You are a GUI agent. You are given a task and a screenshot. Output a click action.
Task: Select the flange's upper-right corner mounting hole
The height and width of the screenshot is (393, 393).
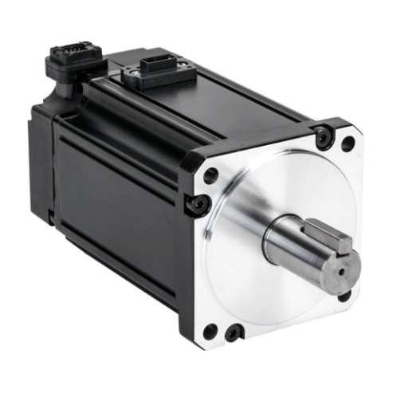pos(348,144)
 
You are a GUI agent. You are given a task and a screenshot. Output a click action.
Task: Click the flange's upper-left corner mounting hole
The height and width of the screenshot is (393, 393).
pos(210,175)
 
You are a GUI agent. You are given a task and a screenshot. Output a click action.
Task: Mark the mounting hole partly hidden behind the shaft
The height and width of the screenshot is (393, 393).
pos(344,295)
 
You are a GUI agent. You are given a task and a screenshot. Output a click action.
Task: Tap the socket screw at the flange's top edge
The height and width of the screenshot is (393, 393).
pos(322,136)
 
